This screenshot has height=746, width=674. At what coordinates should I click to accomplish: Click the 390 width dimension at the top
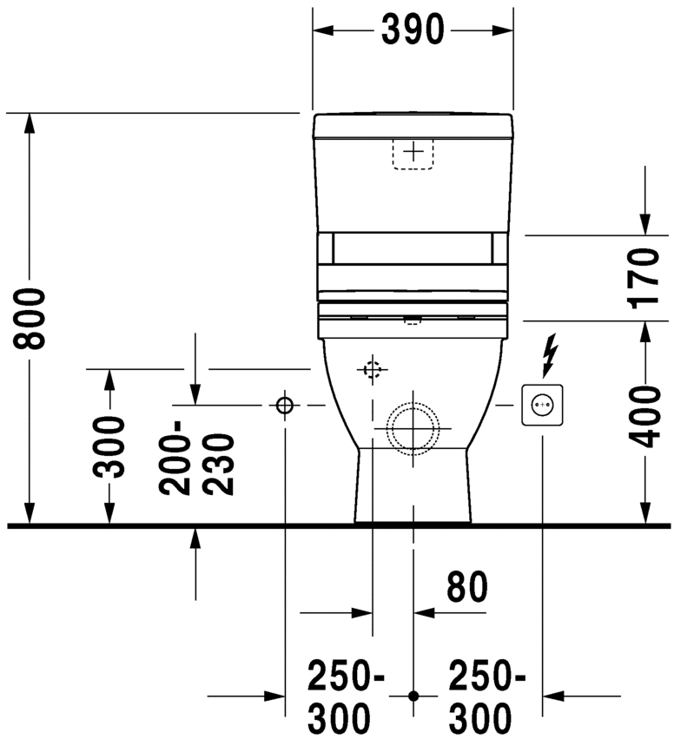pos(413,30)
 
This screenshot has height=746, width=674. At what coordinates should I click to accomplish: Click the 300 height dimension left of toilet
pos(109,447)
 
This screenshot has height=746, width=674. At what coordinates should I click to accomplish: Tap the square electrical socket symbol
pos(542,405)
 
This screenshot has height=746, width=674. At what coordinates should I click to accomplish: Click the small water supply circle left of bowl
pos(285,405)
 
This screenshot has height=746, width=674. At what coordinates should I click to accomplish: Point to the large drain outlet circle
pos(413,429)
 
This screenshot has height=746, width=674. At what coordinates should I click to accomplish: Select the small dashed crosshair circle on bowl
pos(372,370)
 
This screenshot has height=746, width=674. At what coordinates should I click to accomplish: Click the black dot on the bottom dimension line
pos(413,696)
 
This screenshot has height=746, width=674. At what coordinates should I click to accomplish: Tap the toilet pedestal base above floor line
pos(413,491)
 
